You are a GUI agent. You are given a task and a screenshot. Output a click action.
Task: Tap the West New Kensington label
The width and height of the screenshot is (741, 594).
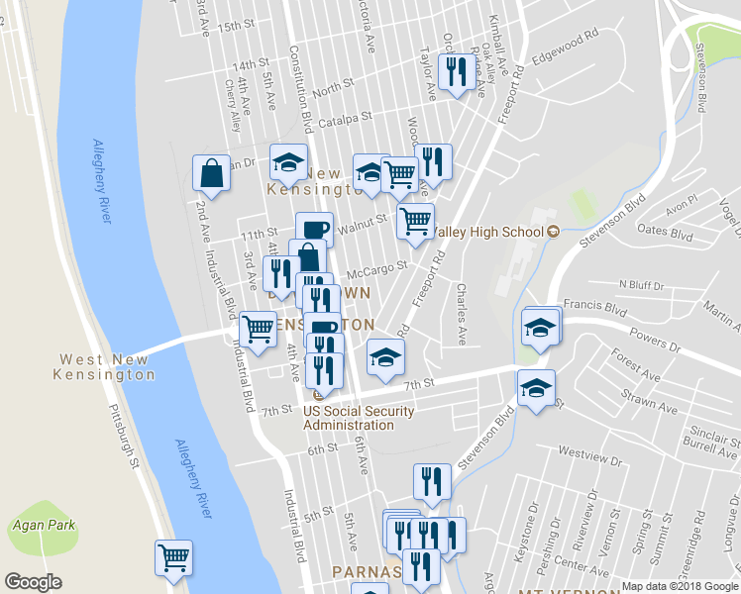click(106, 367)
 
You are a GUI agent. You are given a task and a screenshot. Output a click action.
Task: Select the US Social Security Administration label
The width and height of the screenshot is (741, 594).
click(349, 418)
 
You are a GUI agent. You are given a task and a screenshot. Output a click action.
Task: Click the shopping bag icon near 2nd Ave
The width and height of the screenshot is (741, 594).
click(211, 172)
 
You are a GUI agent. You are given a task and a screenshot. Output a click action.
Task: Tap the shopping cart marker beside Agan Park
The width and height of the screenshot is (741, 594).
click(173, 557)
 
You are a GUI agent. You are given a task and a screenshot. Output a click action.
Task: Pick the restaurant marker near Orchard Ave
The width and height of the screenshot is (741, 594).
click(456, 71)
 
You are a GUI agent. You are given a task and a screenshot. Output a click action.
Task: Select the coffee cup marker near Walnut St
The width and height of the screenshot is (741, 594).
click(314, 230)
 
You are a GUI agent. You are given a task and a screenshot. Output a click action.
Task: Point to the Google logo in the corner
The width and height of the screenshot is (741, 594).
click(33, 582)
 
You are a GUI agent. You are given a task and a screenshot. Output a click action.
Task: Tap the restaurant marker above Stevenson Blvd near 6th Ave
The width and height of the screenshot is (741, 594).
click(432, 481)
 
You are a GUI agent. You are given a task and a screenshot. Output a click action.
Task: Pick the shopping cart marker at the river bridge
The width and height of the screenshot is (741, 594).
click(258, 329)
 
